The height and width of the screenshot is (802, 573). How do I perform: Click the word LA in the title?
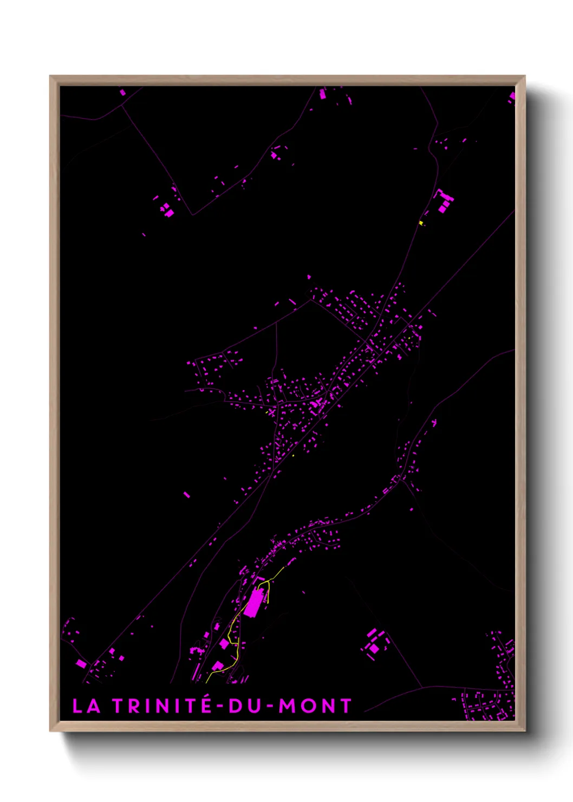tap(86, 706)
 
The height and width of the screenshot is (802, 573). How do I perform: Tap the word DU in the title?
tap(246, 706)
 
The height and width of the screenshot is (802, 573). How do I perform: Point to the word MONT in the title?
tap(315, 706)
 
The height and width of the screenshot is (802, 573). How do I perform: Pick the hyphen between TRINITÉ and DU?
tap(219, 706)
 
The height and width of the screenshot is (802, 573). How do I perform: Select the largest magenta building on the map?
tap(252, 603)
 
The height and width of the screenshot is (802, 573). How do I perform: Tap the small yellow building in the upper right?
tap(421, 223)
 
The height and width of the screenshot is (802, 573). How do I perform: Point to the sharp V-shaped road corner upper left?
tap(192, 214)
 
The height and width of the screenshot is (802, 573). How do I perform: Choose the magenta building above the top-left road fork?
tap(122, 93)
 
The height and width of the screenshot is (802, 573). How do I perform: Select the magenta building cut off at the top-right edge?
tap(512, 97)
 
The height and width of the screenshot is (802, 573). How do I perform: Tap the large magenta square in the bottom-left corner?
tap(81, 663)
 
